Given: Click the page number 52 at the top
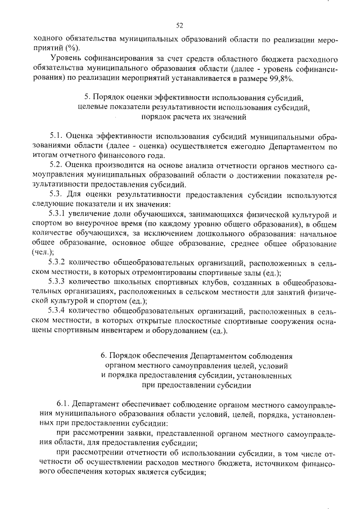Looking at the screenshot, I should tap(180, 25).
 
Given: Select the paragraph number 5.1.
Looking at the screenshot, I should tap(57, 136).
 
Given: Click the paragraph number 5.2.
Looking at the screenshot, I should tap(57, 165).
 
